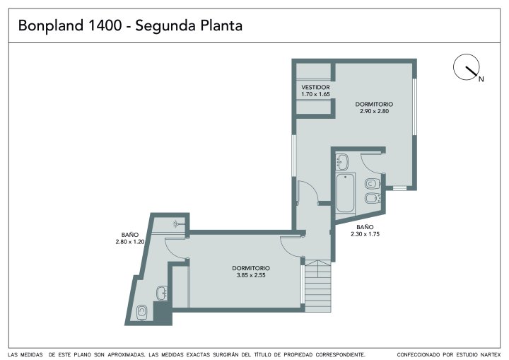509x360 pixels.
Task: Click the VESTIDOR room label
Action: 315,88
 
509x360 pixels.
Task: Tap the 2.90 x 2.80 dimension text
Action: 374,111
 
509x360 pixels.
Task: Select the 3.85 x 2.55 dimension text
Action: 251,275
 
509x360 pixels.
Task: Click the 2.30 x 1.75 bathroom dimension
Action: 365,234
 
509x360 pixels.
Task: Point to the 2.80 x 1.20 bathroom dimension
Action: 130,242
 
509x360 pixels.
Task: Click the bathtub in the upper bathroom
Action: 346,193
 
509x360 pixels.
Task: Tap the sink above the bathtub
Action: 342,162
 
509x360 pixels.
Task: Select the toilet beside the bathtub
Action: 372,184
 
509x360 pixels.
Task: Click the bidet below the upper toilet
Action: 373,198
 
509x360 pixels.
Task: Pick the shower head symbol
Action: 177,223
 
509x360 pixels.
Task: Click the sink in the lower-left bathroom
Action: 162,293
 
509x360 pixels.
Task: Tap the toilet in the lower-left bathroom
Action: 142,313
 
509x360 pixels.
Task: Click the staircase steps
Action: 318,286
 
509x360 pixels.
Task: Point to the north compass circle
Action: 466,67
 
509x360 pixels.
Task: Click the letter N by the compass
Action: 481,79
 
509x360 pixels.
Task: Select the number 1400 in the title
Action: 105,25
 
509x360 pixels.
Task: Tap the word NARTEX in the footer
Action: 490,355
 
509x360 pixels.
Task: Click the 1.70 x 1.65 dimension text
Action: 315,94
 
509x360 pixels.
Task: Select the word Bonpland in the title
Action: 51,25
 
